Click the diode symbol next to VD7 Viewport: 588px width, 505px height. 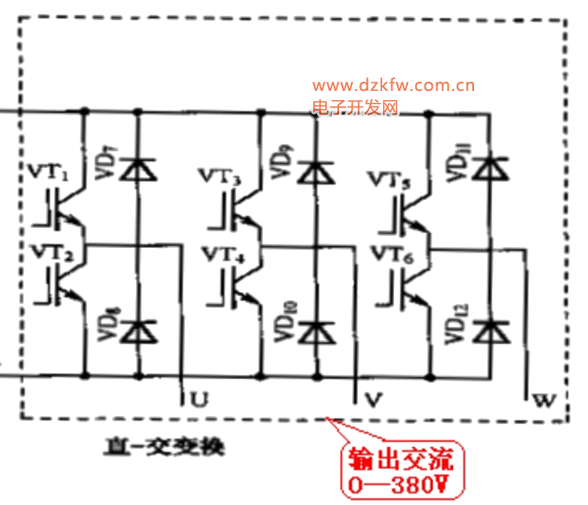point(139,169)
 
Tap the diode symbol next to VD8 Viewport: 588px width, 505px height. point(139,329)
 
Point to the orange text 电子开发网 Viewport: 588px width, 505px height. point(355,108)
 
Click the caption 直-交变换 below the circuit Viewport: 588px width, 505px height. point(164,449)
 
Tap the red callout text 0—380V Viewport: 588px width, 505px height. point(401,481)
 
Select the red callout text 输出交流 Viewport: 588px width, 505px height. point(401,458)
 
